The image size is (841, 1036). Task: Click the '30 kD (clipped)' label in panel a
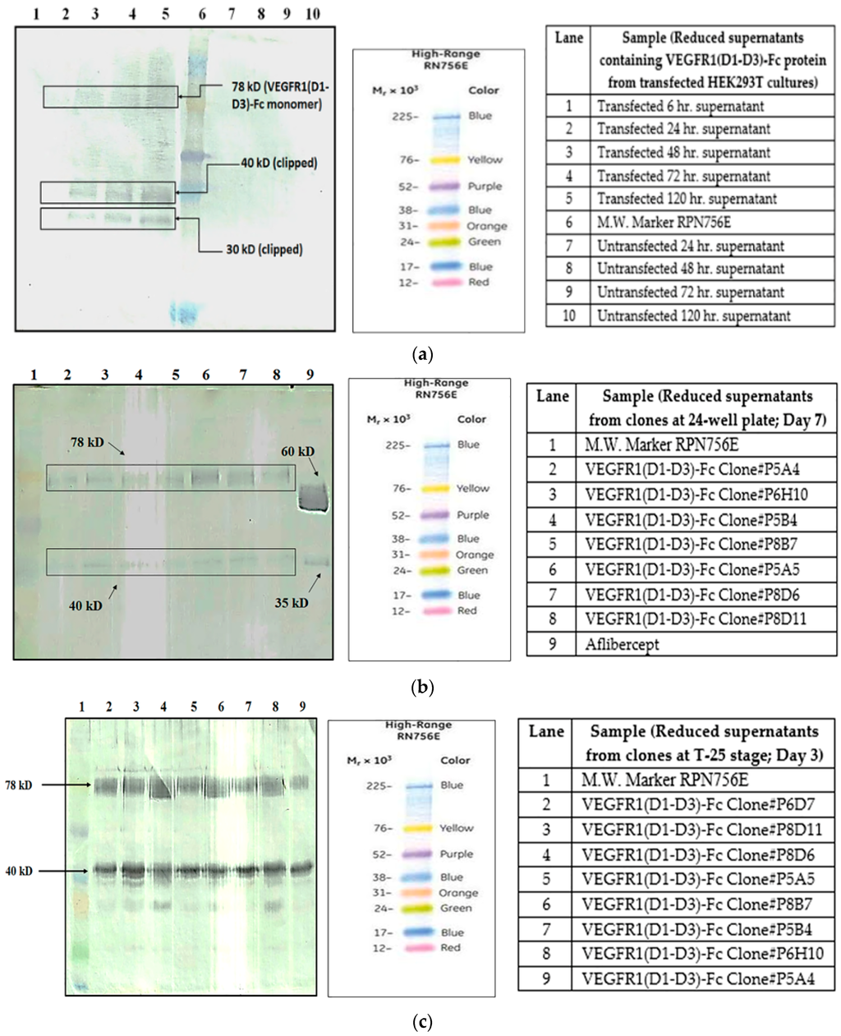pos(264,249)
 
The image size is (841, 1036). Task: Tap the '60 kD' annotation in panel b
pos(296,452)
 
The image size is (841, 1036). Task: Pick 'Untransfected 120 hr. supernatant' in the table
pos(693,315)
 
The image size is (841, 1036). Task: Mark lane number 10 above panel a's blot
pos(312,14)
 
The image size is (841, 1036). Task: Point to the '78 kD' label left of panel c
pos(19,785)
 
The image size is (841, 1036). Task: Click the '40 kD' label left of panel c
pos(19,871)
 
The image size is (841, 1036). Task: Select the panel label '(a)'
pos(421,355)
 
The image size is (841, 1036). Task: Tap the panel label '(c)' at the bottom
pos(420,1022)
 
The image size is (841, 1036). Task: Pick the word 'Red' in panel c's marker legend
pos(450,947)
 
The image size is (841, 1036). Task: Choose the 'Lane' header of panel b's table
pos(552,396)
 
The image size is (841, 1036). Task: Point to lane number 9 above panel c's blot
pos(302,707)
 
